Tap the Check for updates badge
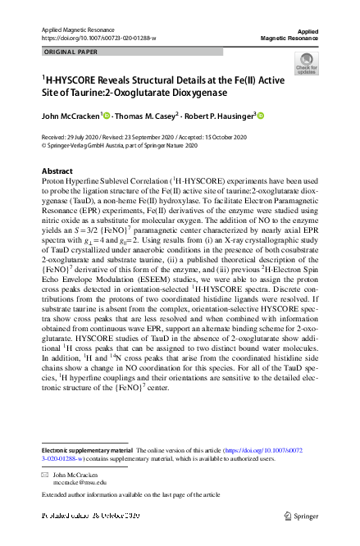pos(306,63)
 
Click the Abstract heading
pos(57,171)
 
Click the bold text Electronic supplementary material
pos(87,453)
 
